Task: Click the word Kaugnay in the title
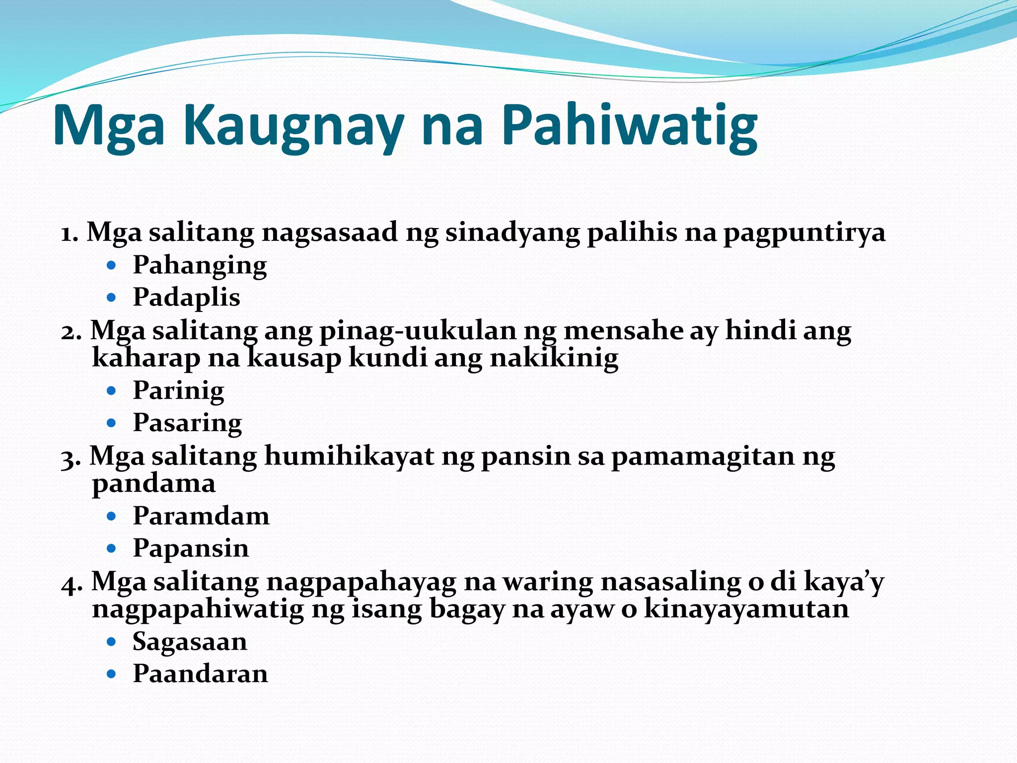pyautogui.click(x=292, y=125)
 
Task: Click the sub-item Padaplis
pyautogui.click(x=186, y=298)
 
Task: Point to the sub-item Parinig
pyautogui.click(x=178, y=391)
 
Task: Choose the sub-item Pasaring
pyautogui.click(x=187, y=423)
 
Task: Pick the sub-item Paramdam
pyautogui.click(x=201, y=516)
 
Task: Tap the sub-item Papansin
pyautogui.click(x=191, y=548)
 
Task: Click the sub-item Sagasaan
pyautogui.click(x=190, y=642)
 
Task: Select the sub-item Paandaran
pyautogui.click(x=200, y=674)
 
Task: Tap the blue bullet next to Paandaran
pyautogui.click(x=111, y=675)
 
